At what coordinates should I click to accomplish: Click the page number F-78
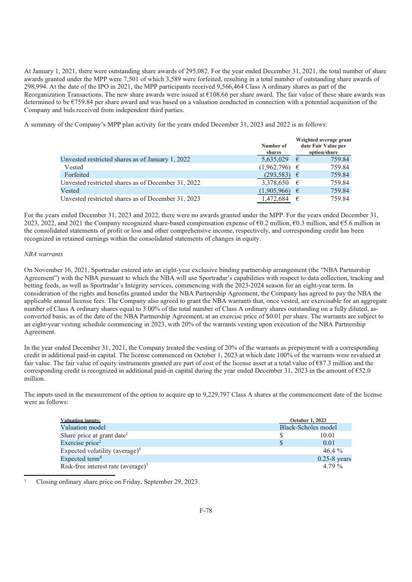206,510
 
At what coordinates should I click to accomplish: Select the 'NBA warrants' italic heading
43,254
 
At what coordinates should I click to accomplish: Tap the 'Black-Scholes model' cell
308,427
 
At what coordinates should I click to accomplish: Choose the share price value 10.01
327,435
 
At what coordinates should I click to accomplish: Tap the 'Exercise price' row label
80,442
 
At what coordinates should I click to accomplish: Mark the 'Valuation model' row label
83,427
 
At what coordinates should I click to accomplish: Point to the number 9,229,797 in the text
217,395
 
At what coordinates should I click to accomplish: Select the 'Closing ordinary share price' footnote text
117,482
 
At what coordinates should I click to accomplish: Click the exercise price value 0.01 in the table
328,443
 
